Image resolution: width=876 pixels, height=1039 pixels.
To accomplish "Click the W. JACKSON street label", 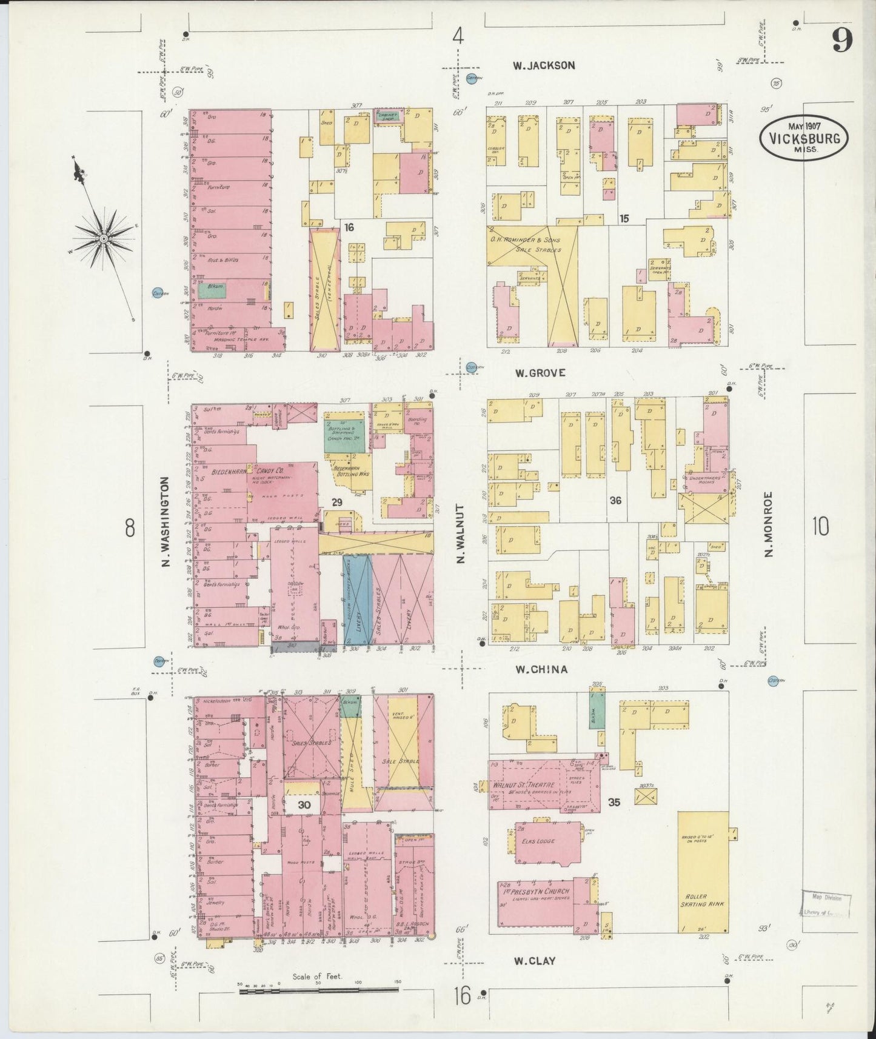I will [x=543, y=65].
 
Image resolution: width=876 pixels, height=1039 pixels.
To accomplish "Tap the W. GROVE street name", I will [x=540, y=373].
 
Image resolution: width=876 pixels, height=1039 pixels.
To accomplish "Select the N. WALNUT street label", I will [x=460, y=535].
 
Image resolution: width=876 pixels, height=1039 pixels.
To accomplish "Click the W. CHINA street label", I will [x=541, y=669].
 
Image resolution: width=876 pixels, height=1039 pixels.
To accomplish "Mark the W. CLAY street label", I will [x=535, y=961].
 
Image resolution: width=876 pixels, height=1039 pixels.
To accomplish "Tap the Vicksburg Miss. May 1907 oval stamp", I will [x=803, y=138].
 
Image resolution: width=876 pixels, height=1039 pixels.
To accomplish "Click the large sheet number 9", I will [x=842, y=41].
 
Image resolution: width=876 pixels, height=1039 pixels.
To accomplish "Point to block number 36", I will [x=615, y=501].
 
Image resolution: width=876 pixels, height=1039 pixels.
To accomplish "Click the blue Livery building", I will [x=356, y=600].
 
